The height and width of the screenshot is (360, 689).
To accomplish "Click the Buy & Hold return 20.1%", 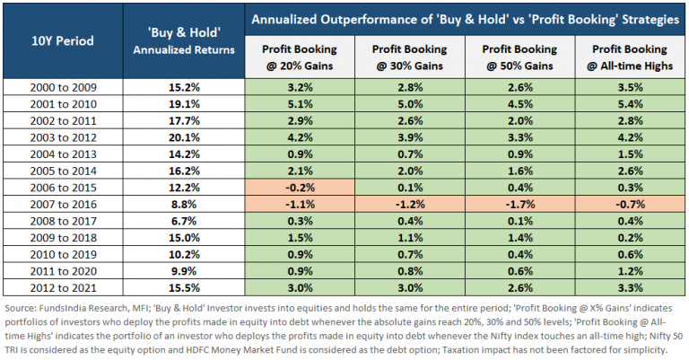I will (183, 137).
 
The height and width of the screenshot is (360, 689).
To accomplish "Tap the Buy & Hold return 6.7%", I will (183, 221).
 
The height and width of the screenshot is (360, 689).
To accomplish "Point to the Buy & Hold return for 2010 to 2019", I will (183, 254).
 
